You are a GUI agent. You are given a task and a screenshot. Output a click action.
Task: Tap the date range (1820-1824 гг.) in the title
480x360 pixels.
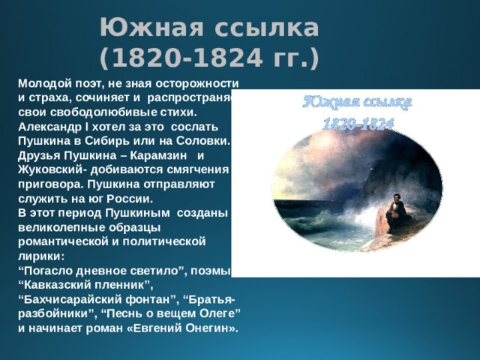209,56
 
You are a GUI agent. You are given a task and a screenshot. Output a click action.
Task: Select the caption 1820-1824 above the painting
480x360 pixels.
358,124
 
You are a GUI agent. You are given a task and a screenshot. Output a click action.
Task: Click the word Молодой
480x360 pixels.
45,83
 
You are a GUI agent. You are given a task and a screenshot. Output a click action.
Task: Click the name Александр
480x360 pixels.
52,126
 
